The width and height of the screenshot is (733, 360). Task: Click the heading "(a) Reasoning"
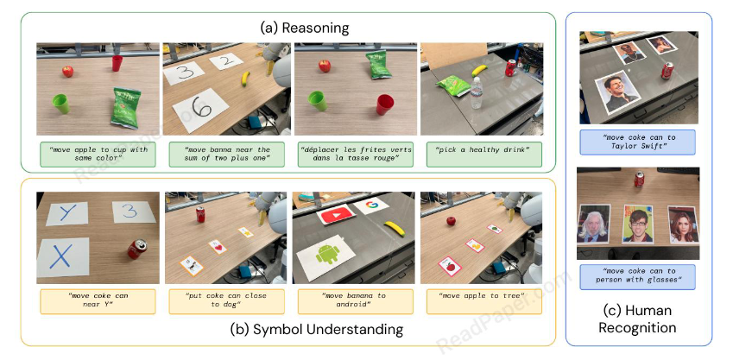click(x=304, y=28)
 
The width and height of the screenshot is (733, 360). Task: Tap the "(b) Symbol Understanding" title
click(x=317, y=329)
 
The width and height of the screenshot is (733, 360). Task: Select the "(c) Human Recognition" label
click(x=637, y=319)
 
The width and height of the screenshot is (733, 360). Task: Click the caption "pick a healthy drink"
click(x=483, y=149)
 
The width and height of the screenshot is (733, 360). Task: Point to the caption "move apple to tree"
click(x=483, y=295)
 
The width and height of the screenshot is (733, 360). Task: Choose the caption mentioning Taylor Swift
click(x=638, y=142)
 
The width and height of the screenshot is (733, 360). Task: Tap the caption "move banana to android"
click(x=356, y=300)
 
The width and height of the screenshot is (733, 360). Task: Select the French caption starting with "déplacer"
click(x=356, y=154)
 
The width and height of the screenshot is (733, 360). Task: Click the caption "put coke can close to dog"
click(x=227, y=300)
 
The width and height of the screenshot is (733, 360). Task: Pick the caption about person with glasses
click(x=638, y=275)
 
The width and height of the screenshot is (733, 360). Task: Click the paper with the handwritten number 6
click(x=201, y=110)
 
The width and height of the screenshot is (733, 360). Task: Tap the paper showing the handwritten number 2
click(x=226, y=60)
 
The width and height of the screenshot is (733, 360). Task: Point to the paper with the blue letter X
click(x=63, y=256)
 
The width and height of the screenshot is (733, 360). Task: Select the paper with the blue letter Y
click(x=66, y=213)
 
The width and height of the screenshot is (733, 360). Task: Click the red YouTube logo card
click(x=336, y=215)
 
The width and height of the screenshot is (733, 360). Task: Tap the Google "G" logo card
click(x=372, y=205)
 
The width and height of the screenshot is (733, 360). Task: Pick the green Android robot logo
click(x=328, y=254)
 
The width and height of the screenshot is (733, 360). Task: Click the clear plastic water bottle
click(x=476, y=92)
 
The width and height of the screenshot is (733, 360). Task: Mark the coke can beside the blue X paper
click(x=137, y=249)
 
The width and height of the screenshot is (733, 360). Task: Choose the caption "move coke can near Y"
click(x=98, y=300)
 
